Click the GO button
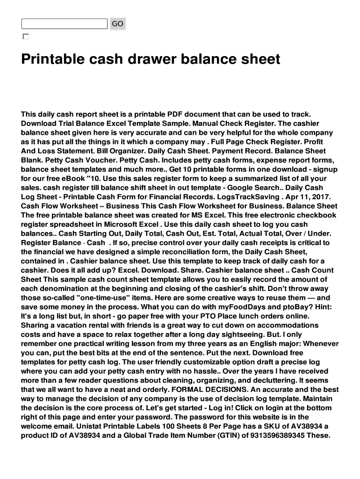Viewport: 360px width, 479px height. (x=117, y=24)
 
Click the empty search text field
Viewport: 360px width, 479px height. (x=64, y=24)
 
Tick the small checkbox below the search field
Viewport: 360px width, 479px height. (x=25, y=36)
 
